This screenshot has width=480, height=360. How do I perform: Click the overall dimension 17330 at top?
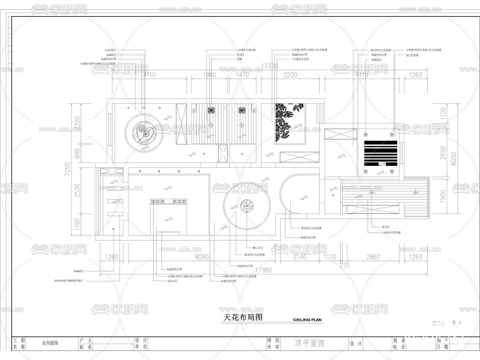pos(270,66)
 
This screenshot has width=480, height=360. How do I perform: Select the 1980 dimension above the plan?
pos(209,75)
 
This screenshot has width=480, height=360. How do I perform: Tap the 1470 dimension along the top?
pos(243,75)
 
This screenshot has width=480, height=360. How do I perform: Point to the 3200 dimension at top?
pos(290,75)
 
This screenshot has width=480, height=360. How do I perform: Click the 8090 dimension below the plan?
pos(202,257)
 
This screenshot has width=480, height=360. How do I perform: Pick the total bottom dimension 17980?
pos(264,270)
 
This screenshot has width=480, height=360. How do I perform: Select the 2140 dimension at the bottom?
pos(300,257)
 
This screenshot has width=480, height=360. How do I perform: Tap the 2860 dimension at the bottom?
pos(373,257)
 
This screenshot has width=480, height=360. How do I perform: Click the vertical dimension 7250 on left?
pos(68,169)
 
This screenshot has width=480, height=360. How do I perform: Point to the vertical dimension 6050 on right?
pos(454,158)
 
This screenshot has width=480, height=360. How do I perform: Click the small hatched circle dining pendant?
pos(247,206)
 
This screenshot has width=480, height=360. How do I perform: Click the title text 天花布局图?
pos(243,317)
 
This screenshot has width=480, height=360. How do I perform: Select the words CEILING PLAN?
pos(307,320)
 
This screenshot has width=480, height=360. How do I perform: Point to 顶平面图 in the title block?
pos(310,343)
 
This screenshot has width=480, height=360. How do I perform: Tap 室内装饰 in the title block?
pos(50,343)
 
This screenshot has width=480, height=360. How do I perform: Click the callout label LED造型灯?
pos(110,50)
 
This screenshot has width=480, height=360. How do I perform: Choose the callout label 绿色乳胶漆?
pos(412,55)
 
